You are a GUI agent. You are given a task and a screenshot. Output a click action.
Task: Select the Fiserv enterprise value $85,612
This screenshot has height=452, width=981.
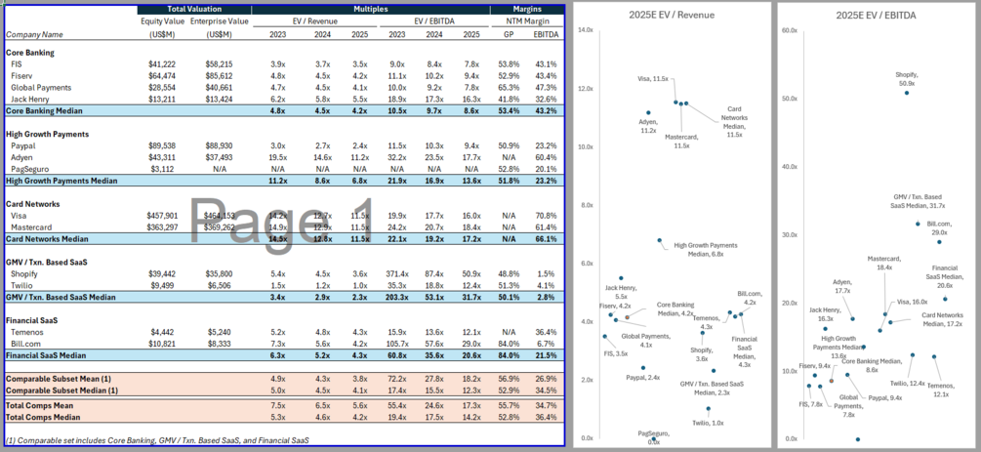231,74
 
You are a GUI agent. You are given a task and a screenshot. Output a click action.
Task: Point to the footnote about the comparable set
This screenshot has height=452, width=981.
156,440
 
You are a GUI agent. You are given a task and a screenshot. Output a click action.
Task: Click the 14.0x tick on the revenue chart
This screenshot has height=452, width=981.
586,30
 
